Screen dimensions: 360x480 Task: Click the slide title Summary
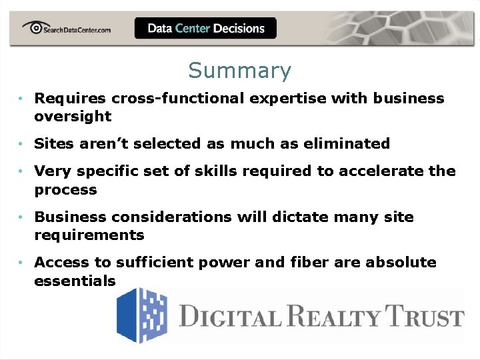click(239, 70)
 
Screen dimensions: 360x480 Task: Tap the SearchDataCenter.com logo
click(66, 28)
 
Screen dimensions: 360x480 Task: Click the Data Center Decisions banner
click(205, 29)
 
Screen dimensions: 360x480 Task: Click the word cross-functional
click(179, 98)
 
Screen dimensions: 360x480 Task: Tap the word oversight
click(73, 116)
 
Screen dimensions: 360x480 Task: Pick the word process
click(65, 190)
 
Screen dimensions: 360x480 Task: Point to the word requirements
click(89, 235)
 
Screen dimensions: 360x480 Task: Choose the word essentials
click(75, 281)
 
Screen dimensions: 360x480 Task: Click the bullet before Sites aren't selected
click(22, 144)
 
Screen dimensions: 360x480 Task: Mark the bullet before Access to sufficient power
click(22, 263)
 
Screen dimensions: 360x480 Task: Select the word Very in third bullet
click(51, 171)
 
